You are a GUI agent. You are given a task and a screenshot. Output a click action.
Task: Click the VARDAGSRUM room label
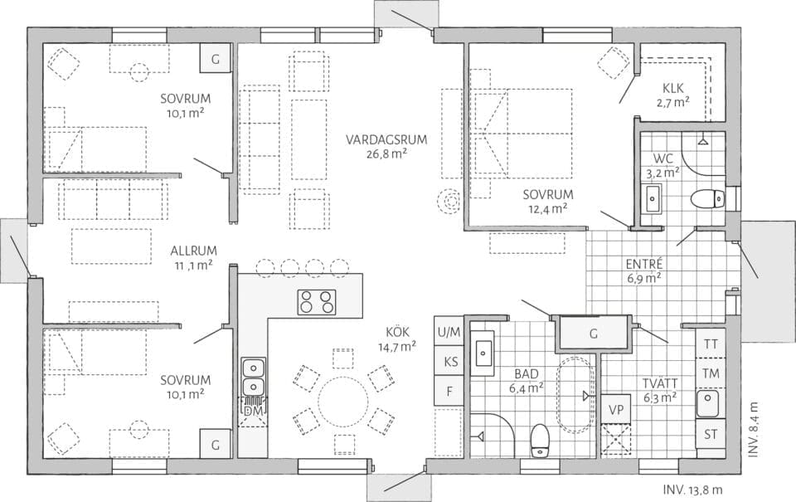click(x=386, y=139)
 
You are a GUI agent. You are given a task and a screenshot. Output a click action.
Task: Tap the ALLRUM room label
click(x=193, y=250)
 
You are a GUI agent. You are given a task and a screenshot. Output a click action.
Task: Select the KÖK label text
click(x=396, y=333)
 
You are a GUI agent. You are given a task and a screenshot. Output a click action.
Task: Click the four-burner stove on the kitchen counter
click(x=317, y=302)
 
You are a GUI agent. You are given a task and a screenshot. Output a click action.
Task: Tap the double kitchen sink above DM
click(x=254, y=376)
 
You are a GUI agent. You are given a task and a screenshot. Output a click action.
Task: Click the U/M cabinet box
click(x=449, y=333)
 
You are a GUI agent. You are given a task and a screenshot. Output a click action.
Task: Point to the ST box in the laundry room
click(x=711, y=434)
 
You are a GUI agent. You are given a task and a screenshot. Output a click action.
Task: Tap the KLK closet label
click(x=672, y=89)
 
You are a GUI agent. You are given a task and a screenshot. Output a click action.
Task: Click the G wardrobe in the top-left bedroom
click(x=216, y=59)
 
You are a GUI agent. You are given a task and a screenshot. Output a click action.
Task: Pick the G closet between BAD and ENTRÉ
click(x=593, y=334)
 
